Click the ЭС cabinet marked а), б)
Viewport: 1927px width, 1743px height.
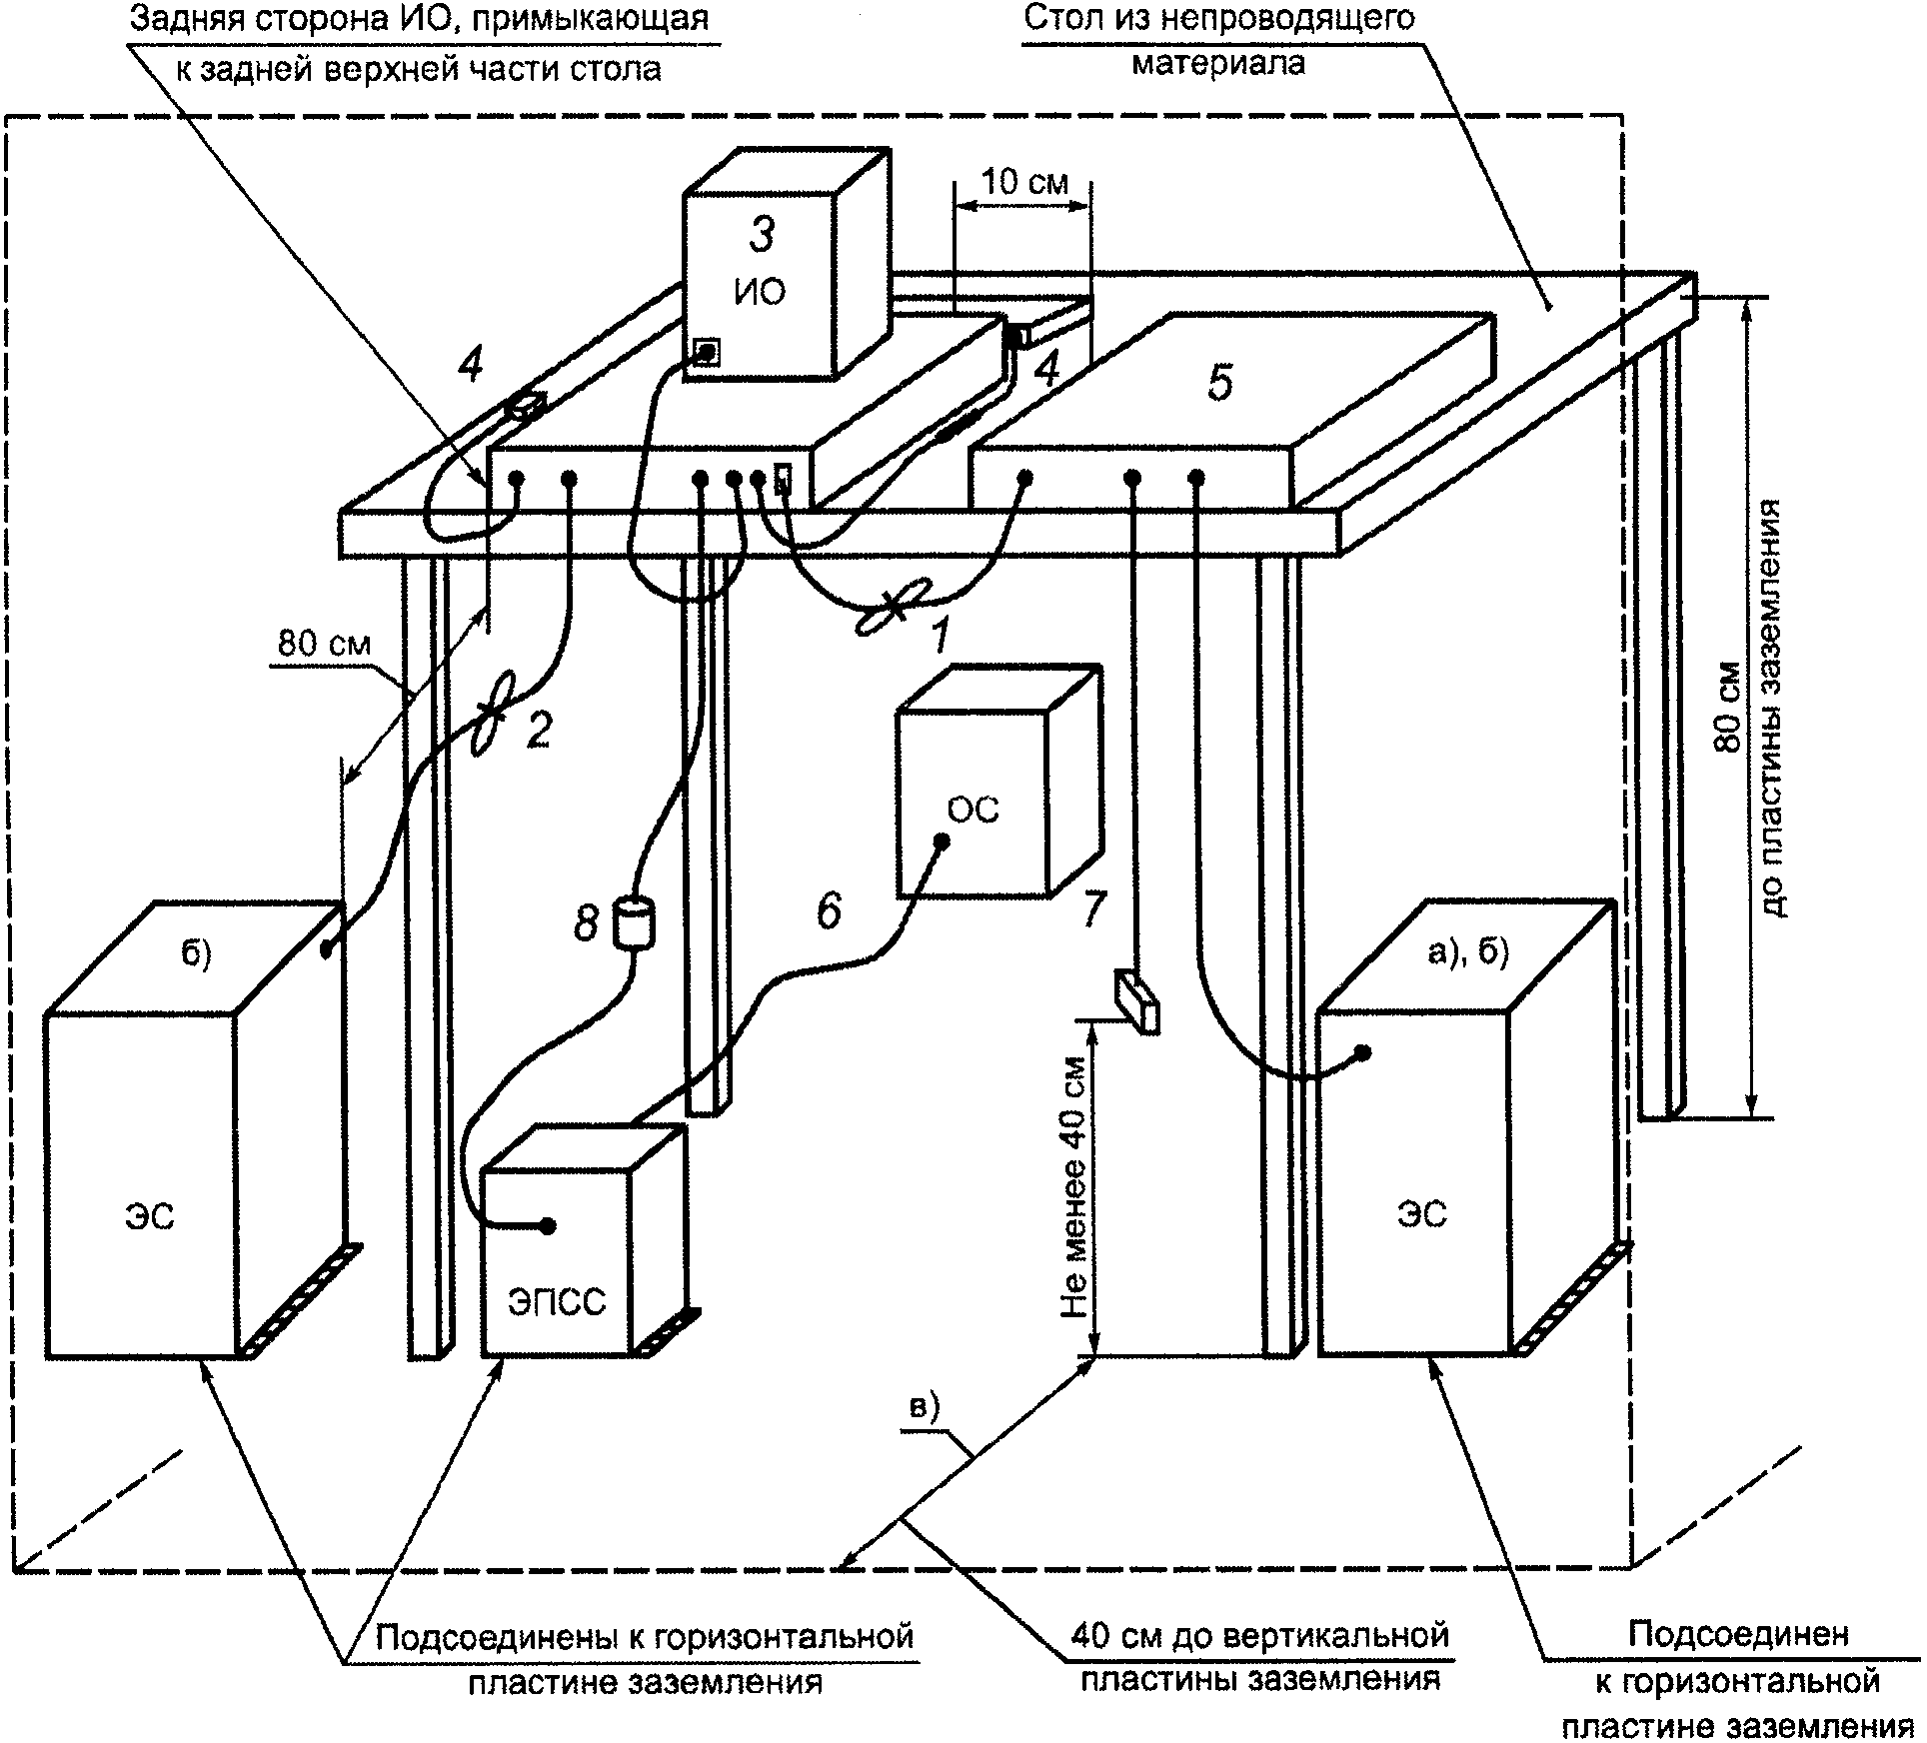(1419, 1179)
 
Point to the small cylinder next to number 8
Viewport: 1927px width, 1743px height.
(633, 921)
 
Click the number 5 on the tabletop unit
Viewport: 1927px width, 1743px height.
(1220, 383)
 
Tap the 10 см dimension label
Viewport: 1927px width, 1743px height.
(1025, 183)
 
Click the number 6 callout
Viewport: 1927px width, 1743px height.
(829, 910)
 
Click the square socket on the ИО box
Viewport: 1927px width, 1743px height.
(707, 351)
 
